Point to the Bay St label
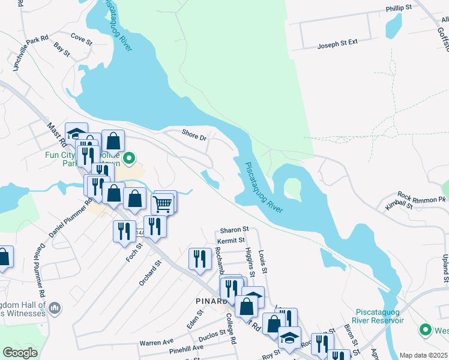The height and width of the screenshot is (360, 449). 62,49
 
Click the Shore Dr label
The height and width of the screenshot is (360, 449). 194,135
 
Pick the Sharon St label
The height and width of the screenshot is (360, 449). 234,230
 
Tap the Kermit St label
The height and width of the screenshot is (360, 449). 232,240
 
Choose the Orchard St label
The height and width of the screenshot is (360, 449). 151,274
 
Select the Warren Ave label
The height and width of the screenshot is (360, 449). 156,342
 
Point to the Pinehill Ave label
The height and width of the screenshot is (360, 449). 187,349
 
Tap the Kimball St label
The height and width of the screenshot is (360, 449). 400,205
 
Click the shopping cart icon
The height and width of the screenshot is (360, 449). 163,203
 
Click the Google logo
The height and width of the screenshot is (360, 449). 20,353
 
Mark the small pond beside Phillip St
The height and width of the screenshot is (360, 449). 394,25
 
